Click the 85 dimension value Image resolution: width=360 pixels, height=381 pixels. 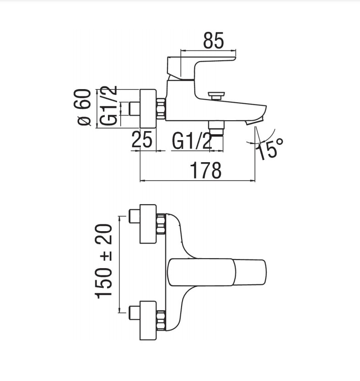[213, 40]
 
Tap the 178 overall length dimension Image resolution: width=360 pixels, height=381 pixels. [206, 170]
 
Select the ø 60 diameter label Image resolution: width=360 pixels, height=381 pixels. [83, 107]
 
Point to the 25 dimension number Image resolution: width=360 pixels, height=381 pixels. [142, 139]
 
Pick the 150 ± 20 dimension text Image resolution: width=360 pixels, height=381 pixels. [104, 261]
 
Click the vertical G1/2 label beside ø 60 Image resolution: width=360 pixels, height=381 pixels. [108, 106]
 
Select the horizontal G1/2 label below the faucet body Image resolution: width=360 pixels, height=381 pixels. [192, 141]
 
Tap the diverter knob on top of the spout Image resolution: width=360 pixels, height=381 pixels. [216, 95]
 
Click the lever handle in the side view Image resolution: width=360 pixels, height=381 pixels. [201, 68]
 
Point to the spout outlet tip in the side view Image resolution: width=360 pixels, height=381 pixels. [255, 121]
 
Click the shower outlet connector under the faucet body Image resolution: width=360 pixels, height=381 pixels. [216, 129]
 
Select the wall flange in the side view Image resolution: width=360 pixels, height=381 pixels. [148, 108]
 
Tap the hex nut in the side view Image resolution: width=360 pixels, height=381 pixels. [161, 109]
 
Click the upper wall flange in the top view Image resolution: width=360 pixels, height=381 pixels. [148, 224]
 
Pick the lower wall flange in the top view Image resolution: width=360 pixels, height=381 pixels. [148, 321]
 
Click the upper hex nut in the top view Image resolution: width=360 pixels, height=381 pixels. [161, 224]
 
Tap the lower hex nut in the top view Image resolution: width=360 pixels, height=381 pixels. [161, 321]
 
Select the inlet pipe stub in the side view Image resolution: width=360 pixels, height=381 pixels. [134, 108]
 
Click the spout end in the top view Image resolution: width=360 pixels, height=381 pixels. [251, 272]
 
